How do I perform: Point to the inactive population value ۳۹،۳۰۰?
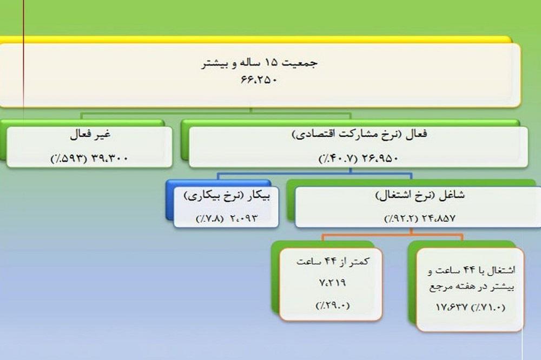click(109, 158)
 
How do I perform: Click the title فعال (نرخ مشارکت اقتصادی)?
click(359, 135)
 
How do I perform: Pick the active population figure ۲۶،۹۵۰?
click(379, 158)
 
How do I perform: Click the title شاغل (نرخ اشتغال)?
click(419, 195)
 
